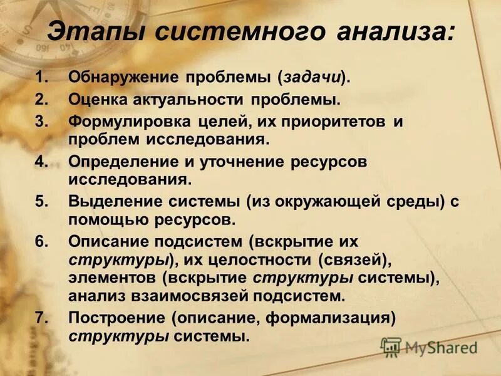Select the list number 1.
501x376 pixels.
40,78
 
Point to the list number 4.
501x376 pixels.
40,162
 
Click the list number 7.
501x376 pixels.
40,318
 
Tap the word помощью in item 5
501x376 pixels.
102,220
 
